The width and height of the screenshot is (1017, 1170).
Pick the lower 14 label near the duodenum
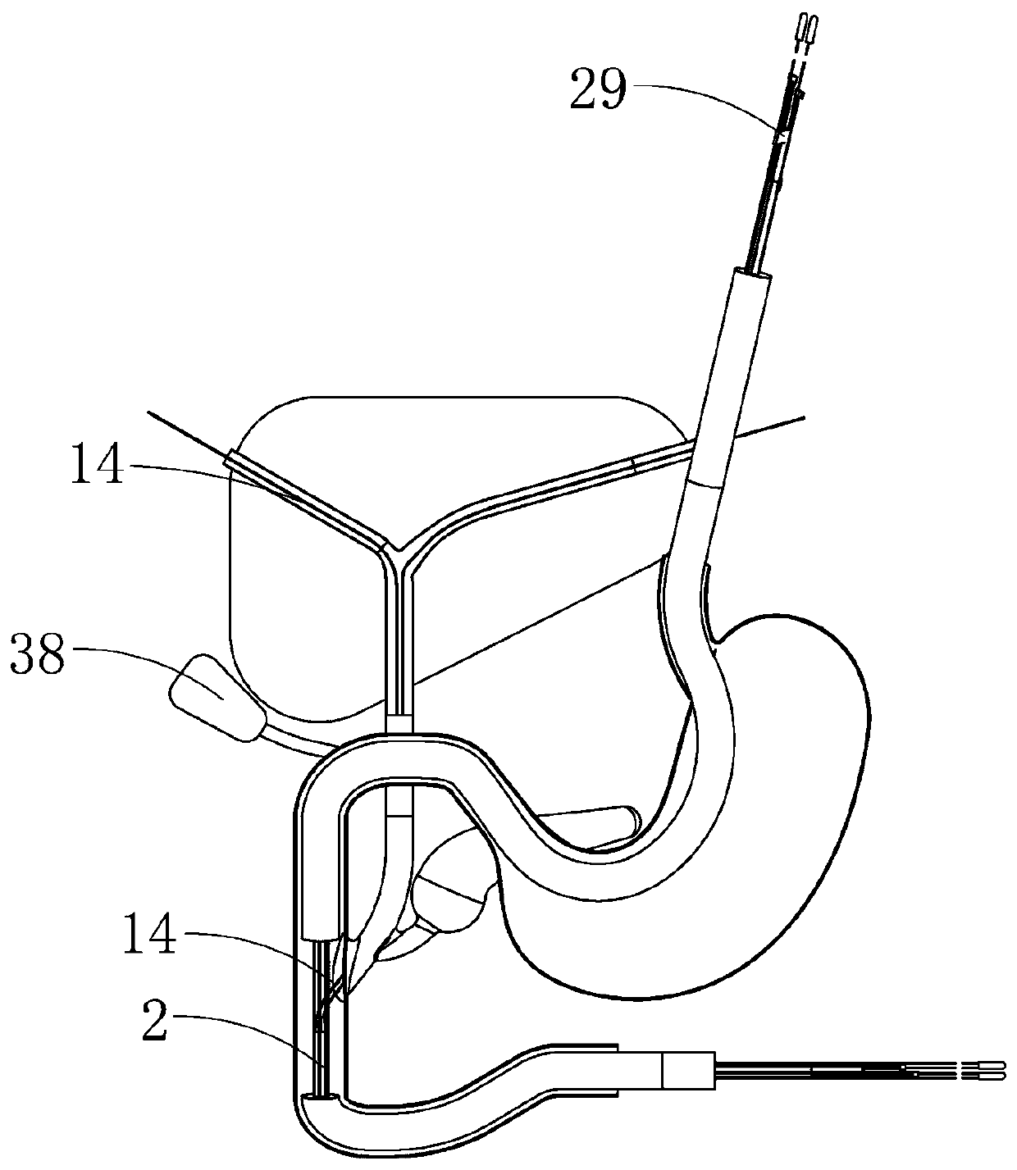[149, 936]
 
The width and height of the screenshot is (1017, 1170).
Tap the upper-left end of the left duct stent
[231, 458]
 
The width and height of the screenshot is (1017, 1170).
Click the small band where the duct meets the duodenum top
[399, 722]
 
